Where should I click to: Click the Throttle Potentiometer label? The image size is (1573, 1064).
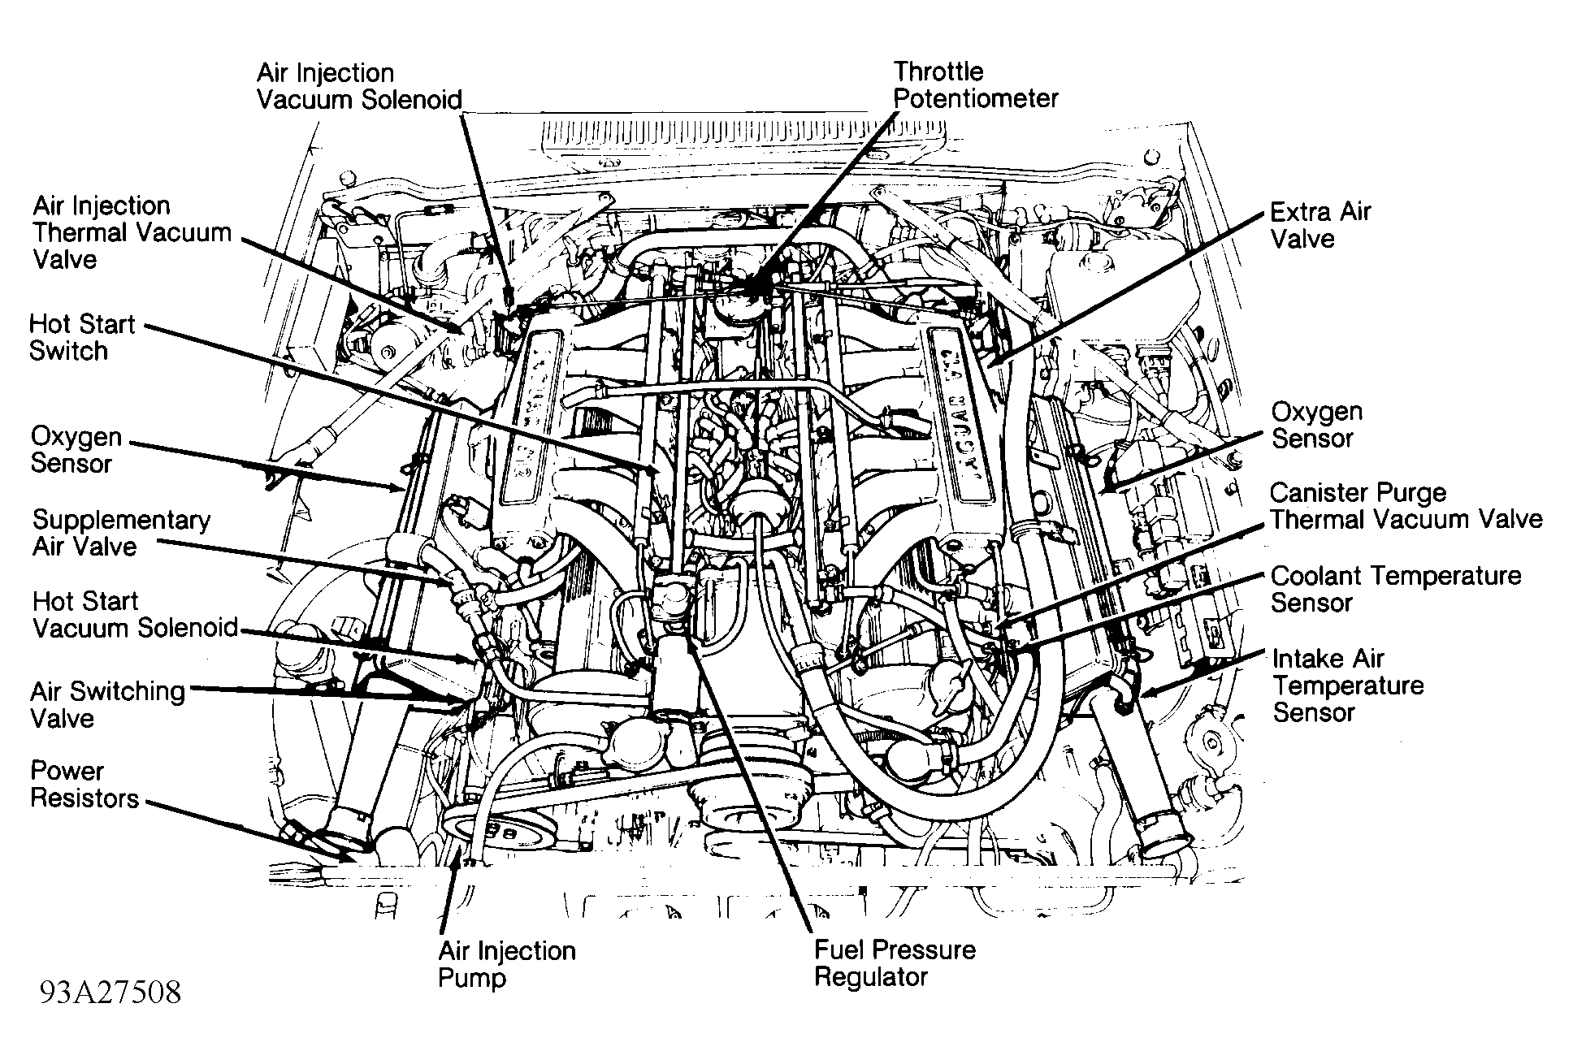975,85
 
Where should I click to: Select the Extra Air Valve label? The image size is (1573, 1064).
1319,226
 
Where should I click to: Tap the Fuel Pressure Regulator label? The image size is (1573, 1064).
894,962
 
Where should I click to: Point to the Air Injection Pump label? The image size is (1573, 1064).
506,963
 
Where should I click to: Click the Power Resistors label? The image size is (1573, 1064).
84,785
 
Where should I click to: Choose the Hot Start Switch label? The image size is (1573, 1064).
81,338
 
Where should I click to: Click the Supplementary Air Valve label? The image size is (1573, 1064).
121,533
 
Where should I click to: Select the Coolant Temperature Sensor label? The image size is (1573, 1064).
1394,589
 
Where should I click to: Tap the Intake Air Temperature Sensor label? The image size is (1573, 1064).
1347,686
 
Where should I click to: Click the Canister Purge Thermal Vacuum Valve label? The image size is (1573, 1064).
1405,506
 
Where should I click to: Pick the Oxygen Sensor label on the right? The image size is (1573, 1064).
1316,425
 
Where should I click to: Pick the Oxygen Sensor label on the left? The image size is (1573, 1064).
76,450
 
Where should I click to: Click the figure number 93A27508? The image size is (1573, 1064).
110,993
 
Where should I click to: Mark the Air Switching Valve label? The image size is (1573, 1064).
107,704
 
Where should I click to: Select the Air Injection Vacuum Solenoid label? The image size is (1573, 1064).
359,86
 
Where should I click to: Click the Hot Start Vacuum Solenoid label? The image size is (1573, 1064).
135,615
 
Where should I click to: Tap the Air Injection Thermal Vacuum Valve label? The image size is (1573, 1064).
132,232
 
